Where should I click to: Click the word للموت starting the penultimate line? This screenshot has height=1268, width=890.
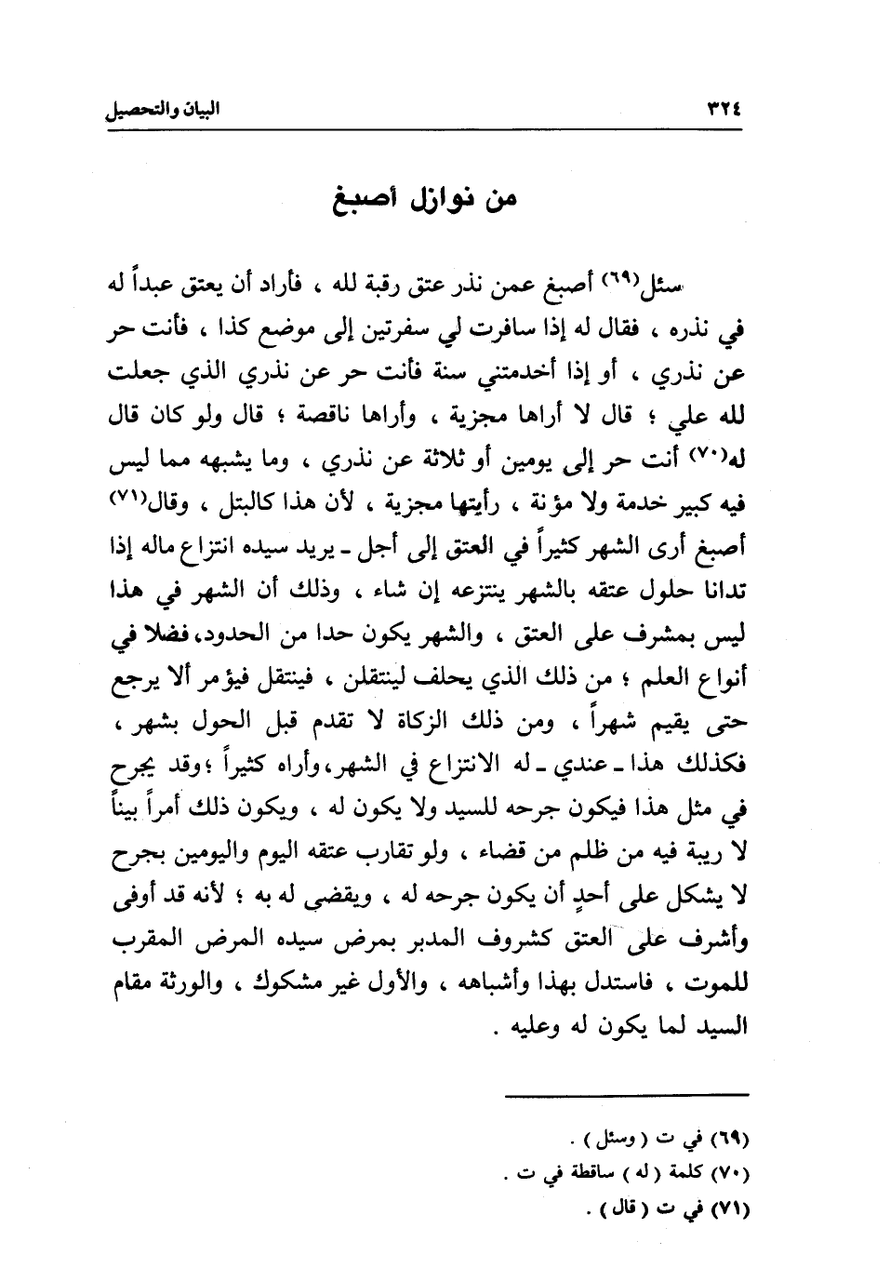pos(720,984)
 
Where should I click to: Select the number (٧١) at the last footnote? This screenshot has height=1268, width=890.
pos(729,1210)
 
